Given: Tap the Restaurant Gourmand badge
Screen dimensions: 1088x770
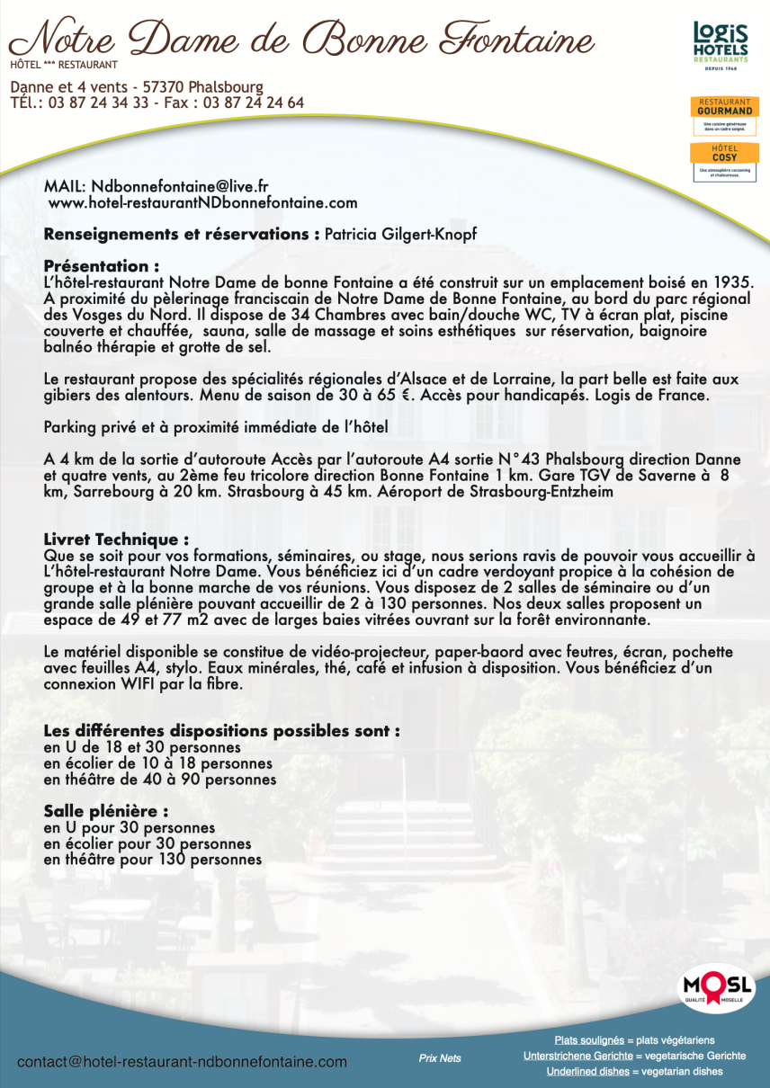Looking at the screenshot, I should click(721, 116).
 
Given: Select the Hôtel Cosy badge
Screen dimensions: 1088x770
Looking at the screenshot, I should click(721, 161).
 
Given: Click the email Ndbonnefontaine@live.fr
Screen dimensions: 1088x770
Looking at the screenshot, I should click(180, 187).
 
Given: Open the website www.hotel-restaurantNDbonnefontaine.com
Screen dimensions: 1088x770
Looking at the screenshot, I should click(202, 203).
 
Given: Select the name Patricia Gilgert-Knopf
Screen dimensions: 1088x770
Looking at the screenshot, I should click(400, 235).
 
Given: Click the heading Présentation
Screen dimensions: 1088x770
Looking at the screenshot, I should click(102, 266).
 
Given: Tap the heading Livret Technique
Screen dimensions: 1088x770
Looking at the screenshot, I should click(116, 540).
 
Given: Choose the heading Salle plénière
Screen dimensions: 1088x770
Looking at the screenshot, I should click(106, 811).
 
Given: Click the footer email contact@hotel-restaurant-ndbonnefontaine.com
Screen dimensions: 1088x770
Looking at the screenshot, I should click(182, 1062).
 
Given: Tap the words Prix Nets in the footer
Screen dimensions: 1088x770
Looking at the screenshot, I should click(440, 1058).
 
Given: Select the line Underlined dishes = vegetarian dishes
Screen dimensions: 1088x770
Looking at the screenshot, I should click(634, 1071).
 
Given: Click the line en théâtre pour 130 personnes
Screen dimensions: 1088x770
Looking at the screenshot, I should click(153, 860).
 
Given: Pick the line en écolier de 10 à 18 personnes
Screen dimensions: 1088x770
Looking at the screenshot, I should click(158, 763).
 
